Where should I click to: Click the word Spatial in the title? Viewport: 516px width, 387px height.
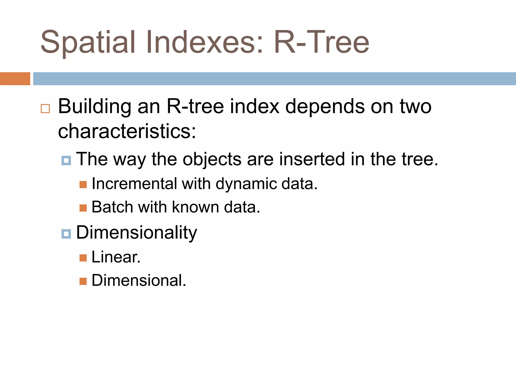click(x=88, y=42)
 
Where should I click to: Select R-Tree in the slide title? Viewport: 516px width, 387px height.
click(x=321, y=42)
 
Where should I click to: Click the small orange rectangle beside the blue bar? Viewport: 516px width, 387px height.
click(x=15, y=79)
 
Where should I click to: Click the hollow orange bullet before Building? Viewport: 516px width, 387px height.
click(x=45, y=109)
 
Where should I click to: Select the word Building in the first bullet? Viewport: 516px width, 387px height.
click(x=94, y=107)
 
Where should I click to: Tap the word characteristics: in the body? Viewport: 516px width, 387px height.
click(x=127, y=132)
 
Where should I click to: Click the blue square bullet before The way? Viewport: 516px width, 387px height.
click(x=66, y=160)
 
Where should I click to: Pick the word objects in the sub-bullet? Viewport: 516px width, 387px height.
click(x=212, y=159)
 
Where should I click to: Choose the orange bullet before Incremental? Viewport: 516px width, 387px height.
click(x=83, y=185)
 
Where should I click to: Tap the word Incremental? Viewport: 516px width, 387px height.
click(x=134, y=183)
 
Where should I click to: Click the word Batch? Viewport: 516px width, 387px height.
click(x=112, y=207)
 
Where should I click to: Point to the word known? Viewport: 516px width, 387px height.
click(x=196, y=207)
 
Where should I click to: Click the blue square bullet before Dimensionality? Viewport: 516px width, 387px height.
click(x=66, y=234)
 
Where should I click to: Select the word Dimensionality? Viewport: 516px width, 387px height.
click(x=137, y=233)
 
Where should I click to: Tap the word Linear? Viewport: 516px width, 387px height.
click(x=116, y=257)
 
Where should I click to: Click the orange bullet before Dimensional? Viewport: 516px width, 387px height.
click(x=83, y=281)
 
